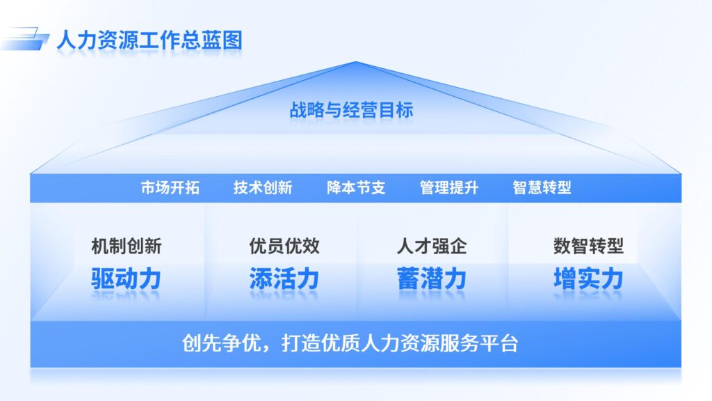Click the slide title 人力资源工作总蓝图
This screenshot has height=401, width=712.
tap(149, 39)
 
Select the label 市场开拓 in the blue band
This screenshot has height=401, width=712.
tap(170, 188)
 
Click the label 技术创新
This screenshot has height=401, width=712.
tap(263, 188)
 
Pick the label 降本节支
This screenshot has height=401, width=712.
tap(356, 188)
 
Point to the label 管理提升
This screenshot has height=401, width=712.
tap(449, 188)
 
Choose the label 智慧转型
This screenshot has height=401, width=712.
tap(542, 188)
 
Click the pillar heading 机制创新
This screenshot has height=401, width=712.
tap(127, 246)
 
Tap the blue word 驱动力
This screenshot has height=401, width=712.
tap(127, 278)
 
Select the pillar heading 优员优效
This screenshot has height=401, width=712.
tap(284, 246)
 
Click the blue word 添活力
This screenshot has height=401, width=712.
tap(284, 278)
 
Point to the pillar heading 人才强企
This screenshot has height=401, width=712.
tap(432, 246)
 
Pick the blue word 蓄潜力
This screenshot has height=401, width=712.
tap(432, 278)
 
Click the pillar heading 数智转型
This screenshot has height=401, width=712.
tap(588, 246)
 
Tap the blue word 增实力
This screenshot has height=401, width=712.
tap(588, 278)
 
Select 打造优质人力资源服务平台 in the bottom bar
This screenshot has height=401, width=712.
tap(400, 343)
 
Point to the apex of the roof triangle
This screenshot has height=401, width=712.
tap(356, 63)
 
